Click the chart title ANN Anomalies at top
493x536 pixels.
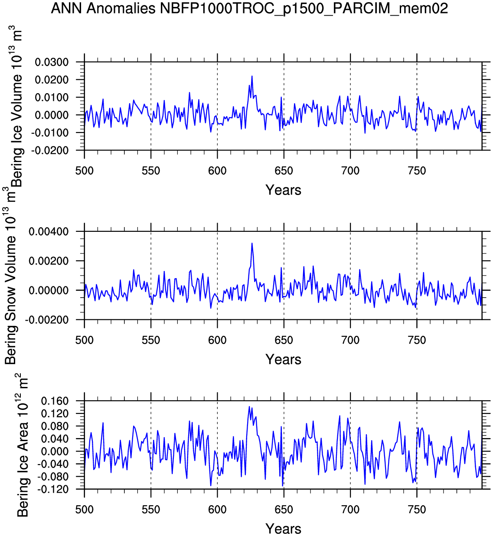coord(249,8)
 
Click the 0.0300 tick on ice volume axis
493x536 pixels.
coord(52,62)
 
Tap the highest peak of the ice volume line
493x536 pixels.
coord(252,76)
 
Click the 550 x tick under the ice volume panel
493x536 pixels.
coord(151,171)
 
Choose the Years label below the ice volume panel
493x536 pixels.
coord(283,190)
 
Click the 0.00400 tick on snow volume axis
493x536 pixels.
coord(49,232)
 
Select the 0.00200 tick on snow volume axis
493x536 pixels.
coord(49,261)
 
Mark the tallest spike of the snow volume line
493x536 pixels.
coord(252,243)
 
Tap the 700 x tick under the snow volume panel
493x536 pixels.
coord(350,340)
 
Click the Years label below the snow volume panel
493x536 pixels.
coord(283,359)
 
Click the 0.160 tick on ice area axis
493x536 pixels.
coord(55,401)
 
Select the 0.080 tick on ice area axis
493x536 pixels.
coord(55,426)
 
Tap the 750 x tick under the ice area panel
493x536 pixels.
coord(417,510)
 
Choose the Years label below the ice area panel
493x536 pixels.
coord(283,529)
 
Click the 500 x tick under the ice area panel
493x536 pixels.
coord(85,510)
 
